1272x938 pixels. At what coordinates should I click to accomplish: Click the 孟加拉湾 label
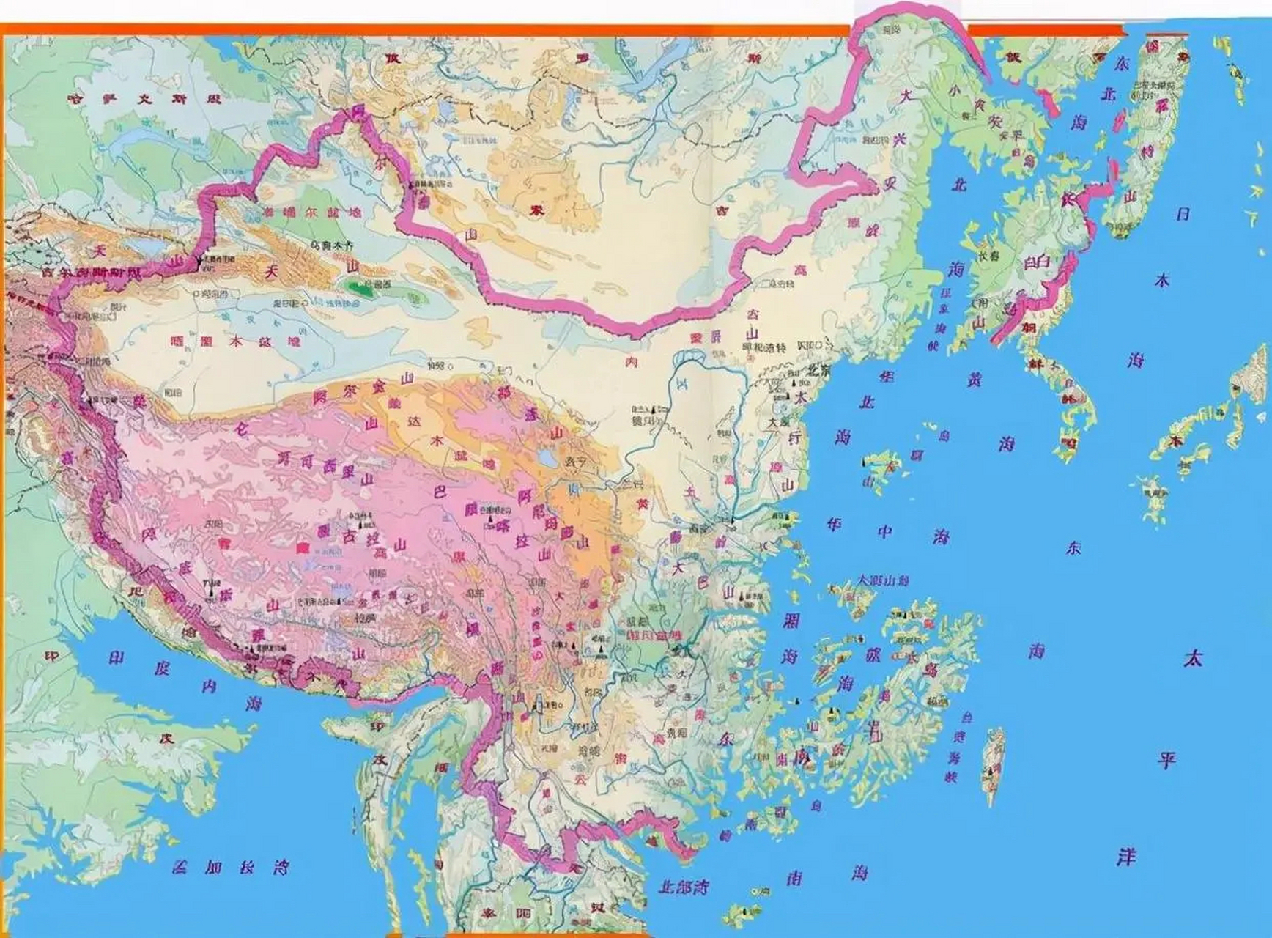(x=230, y=868)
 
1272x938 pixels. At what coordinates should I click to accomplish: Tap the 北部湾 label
(x=683, y=887)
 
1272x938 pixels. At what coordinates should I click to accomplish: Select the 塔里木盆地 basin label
(x=234, y=341)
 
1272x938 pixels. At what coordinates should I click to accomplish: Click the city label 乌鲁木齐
(x=336, y=247)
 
